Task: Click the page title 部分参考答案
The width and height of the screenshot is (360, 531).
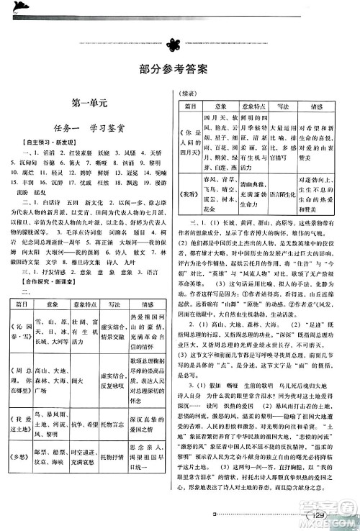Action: click(x=179, y=70)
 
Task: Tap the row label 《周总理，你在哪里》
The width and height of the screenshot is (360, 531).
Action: click(x=34, y=374)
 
